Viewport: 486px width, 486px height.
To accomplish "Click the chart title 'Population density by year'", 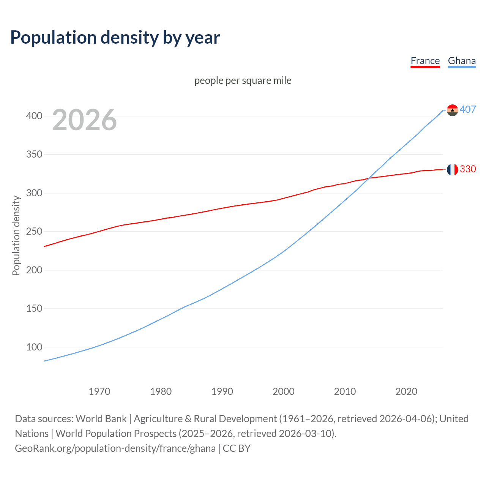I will click(115, 38).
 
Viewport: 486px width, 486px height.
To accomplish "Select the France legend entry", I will click(425, 61).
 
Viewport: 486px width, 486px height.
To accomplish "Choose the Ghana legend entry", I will click(462, 61).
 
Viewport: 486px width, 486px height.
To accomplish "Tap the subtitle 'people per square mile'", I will click(243, 80).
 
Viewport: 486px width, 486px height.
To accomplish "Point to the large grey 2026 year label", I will click(84, 120).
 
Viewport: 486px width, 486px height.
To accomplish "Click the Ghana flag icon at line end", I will click(452, 110).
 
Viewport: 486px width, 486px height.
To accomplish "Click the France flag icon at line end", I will click(452, 169).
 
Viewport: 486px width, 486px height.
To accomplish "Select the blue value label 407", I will click(468, 110).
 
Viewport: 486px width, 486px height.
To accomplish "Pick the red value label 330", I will click(468, 169).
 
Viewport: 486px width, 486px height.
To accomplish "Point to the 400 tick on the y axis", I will click(34, 116).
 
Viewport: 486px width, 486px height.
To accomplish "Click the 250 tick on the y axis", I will click(34, 232).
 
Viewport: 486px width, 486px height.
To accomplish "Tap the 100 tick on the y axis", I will click(34, 347).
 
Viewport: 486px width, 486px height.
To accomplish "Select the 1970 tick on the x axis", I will click(99, 391).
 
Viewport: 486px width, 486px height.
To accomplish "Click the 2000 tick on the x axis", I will click(284, 391).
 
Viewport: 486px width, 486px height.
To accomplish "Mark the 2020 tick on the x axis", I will click(406, 391).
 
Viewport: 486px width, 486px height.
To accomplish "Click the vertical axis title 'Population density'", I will click(16, 235).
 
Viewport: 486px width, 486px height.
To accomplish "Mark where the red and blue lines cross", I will click(369, 178).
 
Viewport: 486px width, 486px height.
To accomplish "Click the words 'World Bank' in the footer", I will click(101, 419).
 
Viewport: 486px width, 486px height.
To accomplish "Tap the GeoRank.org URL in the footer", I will click(115, 448).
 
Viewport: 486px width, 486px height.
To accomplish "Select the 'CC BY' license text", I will click(237, 448).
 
